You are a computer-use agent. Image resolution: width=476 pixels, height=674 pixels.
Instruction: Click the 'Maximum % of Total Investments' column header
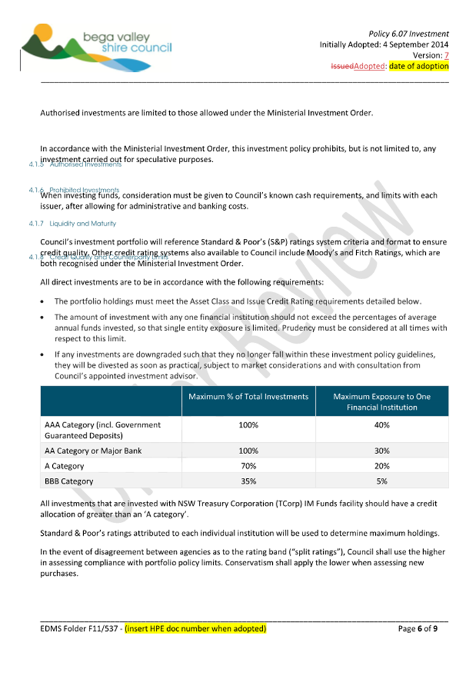(248, 397)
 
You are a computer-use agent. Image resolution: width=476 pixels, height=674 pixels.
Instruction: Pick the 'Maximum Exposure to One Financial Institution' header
(382, 402)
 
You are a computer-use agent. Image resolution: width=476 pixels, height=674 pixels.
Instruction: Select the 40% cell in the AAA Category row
(382, 425)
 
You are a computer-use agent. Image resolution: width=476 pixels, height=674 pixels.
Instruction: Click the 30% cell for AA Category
(382, 451)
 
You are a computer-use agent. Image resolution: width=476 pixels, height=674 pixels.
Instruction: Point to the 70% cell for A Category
(248, 465)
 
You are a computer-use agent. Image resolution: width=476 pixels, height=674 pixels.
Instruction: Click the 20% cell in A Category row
(382, 465)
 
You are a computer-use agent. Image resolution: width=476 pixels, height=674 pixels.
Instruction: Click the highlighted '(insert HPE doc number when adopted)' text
(195, 627)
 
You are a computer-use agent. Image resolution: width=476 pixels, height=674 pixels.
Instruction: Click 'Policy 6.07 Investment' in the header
(408, 34)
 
